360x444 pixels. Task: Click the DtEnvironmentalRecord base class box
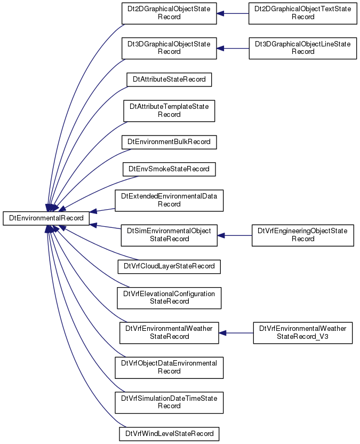(x=46, y=218)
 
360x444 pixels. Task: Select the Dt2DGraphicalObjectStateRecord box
(x=169, y=13)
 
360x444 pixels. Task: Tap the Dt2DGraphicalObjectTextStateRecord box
(x=302, y=13)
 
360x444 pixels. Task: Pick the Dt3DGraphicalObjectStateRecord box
(x=169, y=48)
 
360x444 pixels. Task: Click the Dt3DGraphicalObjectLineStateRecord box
(x=302, y=48)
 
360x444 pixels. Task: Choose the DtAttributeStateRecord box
(x=169, y=80)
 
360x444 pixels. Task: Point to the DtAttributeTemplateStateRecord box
(x=169, y=111)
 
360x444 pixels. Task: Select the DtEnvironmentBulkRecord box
(x=169, y=142)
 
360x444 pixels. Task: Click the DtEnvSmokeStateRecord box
(x=169, y=169)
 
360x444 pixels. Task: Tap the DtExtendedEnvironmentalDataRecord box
(x=169, y=201)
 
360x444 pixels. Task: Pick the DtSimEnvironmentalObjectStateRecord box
(x=169, y=235)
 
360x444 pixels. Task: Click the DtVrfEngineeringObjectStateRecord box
(x=302, y=235)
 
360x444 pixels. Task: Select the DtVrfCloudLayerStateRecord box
(x=169, y=266)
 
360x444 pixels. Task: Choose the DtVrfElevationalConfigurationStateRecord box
(x=169, y=298)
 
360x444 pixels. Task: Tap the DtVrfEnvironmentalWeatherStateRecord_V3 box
(x=302, y=333)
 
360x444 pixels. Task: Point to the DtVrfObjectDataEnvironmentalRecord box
(x=169, y=368)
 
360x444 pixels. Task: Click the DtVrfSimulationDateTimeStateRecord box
(x=169, y=403)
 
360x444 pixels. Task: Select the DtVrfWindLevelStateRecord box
(x=169, y=434)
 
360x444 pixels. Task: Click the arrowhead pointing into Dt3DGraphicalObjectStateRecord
(x=220, y=49)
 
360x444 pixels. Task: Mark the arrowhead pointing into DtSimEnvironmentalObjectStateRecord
(x=221, y=235)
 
